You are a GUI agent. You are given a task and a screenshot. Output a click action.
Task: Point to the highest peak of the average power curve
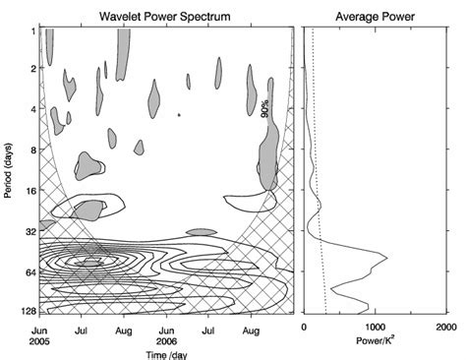pyautogui.click(x=386, y=258)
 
